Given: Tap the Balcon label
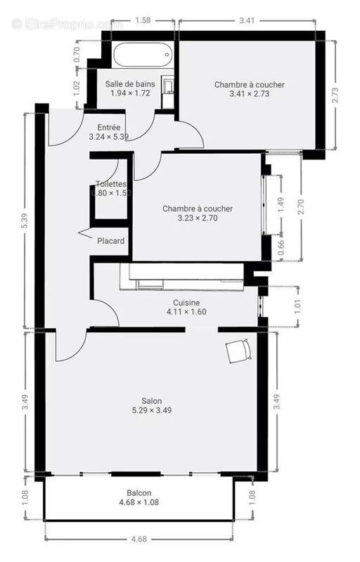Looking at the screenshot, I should tap(139, 493).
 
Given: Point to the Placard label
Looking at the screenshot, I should tap(111, 242).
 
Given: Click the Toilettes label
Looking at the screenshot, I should tap(110, 184).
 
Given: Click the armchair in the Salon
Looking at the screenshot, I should tap(237, 349).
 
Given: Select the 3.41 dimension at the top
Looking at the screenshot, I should tap(246, 20).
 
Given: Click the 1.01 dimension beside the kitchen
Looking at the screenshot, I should tap(297, 306).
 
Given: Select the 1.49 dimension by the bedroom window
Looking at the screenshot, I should tap(281, 204).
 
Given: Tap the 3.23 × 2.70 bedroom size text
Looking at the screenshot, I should tap(197, 218).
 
